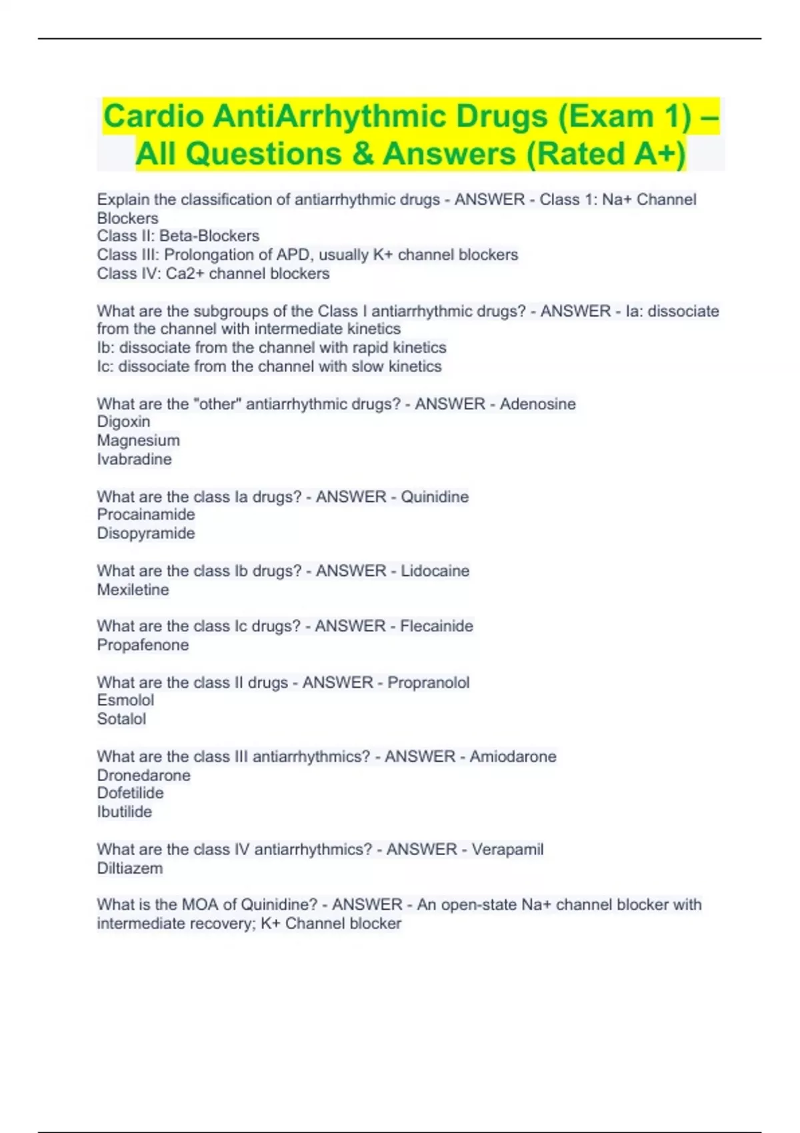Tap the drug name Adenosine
tap(537, 404)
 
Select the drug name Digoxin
tap(123, 422)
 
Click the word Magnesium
tap(138, 441)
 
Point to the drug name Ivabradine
tap(134, 459)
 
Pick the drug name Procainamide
tap(146, 515)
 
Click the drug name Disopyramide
tap(146, 533)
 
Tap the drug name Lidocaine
tap(435, 570)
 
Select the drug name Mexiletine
tap(133, 590)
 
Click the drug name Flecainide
tap(437, 626)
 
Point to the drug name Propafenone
tap(143, 645)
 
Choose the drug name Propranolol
tap(428, 682)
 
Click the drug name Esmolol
tap(125, 700)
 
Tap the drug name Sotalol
tap(121, 719)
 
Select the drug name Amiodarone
tap(513, 756)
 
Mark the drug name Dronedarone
tap(143, 775)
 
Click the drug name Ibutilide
tap(124, 812)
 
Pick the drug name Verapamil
tap(507, 849)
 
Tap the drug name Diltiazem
tap(129, 868)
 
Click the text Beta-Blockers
tap(209, 236)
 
